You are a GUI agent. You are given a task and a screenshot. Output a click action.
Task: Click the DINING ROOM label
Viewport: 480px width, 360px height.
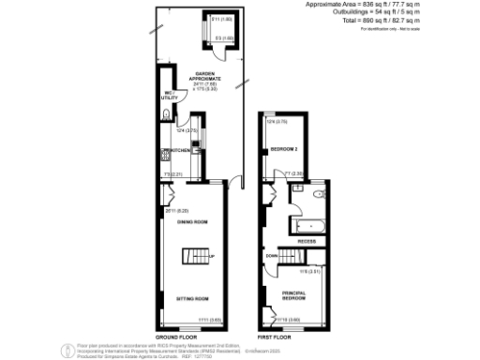(192, 221)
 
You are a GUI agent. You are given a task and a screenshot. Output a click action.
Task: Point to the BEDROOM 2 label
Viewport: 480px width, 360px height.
(284, 150)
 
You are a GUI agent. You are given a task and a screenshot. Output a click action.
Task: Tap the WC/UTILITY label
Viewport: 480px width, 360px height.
(169, 94)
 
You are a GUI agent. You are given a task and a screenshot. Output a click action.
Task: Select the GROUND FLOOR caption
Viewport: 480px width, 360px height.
(174, 336)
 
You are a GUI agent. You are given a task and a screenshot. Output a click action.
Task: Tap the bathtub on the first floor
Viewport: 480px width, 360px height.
(307, 226)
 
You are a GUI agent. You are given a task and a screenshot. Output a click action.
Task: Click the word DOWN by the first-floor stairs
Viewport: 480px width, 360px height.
(271, 255)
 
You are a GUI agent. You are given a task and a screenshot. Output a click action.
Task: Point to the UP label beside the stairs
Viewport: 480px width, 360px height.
(212, 256)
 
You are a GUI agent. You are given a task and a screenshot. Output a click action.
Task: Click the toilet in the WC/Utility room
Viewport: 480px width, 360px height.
(165, 114)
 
